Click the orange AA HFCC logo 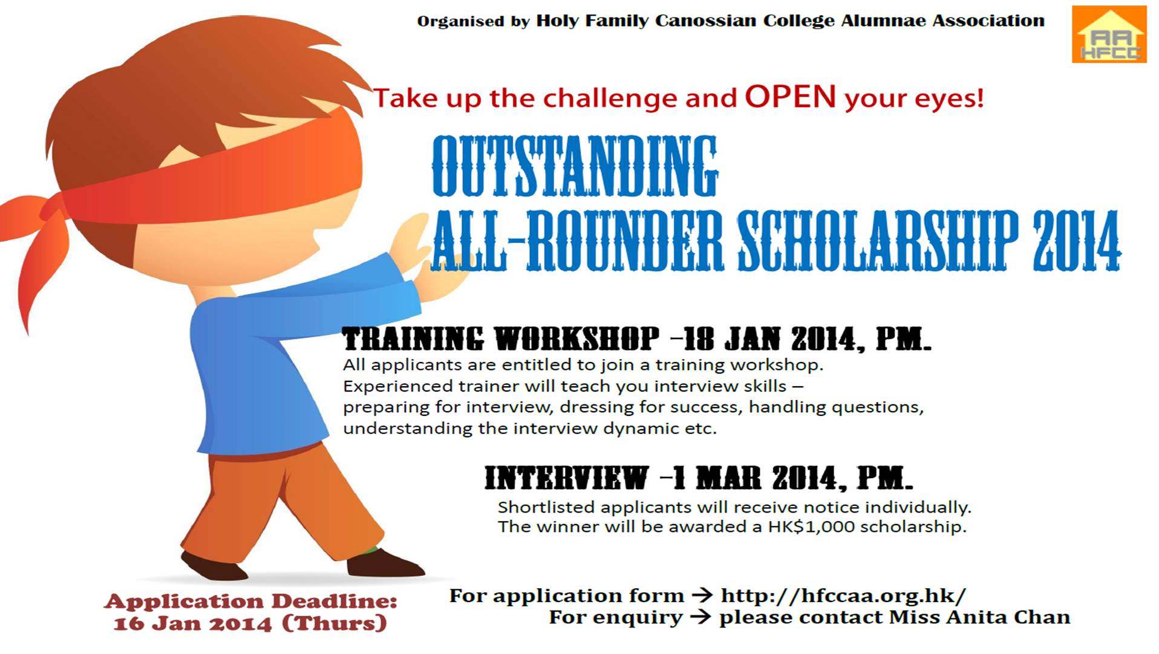(1109, 34)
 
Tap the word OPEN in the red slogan (790, 97)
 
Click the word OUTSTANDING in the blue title (575, 166)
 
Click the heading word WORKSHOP (577, 338)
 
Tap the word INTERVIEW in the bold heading (567, 478)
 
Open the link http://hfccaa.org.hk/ (843, 596)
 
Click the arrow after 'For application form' (702, 596)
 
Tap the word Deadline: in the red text (334, 601)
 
